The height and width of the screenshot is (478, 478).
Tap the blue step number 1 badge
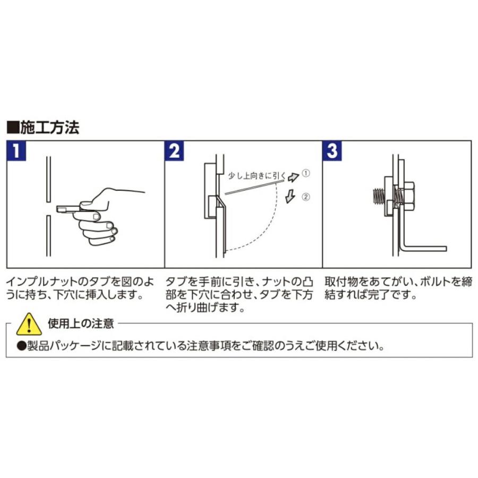click(x=17, y=152)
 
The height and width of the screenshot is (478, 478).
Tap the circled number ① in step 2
click(x=306, y=173)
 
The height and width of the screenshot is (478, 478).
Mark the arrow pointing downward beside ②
click(x=290, y=197)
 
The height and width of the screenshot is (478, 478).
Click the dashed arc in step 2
click(x=266, y=228)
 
